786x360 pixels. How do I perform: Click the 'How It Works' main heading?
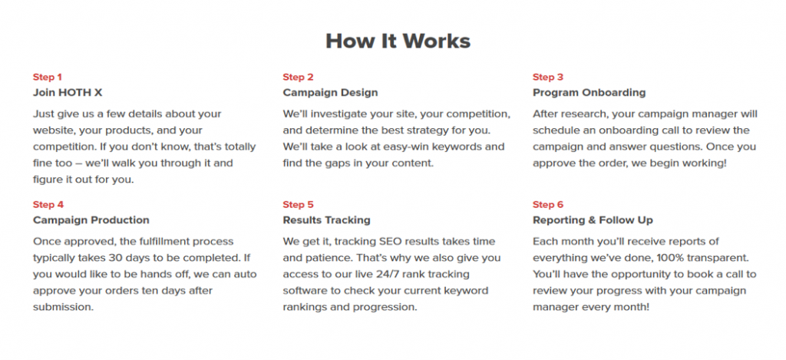coord(398,41)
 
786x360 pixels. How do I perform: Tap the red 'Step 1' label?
coord(48,78)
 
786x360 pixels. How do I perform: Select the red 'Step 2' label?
coord(298,78)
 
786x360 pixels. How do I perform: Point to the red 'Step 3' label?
coord(548,78)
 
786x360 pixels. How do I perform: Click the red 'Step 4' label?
coord(48,205)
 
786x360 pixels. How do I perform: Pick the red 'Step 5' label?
coord(298,205)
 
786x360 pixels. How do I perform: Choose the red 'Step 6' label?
coord(548,205)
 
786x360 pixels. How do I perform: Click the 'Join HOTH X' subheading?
coord(68,93)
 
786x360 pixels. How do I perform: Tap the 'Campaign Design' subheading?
coord(330,93)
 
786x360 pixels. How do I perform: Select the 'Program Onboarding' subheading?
coord(589,93)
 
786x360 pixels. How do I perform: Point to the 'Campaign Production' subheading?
coord(91,220)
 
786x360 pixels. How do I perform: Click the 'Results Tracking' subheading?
coord(326,220)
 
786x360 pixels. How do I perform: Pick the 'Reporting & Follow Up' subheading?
coord(593,220)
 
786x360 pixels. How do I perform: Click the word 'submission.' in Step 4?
coord(63,307)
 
